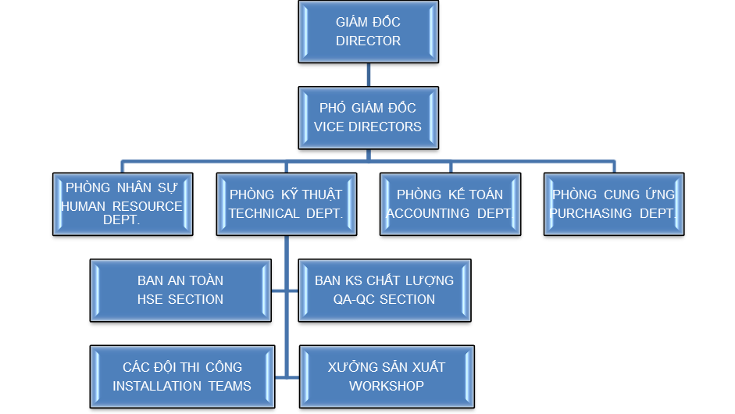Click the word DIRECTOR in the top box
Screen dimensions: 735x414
tap(368, 41)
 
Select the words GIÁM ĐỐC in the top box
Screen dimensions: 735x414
tap(368, 22)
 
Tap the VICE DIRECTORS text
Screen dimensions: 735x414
tap(368, 127)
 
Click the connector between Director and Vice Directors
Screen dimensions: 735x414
tap(369, 74)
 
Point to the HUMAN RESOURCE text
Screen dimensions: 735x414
tap(121, 206)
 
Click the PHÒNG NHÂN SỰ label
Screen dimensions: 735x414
tap(121, 187)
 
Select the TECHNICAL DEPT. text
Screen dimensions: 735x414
tap(286, 213)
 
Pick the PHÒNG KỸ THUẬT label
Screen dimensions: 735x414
tap(286, 194)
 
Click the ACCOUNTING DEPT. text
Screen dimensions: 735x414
tap(450, 213)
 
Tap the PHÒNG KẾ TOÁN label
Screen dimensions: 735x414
tap(450, 194)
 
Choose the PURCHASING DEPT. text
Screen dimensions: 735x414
tap(613, 213)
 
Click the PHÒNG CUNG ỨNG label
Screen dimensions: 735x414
tap(614, 194)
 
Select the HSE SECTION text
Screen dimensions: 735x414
tap(180, 299)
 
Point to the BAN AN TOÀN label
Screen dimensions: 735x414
tap(180, 280)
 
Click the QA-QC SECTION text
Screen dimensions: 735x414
tap(384, 299)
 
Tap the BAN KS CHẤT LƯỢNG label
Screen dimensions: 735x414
tap(384, 280)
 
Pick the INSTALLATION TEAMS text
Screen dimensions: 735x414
tap(182, 386)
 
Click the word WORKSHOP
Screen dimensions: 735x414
tap(387, 386)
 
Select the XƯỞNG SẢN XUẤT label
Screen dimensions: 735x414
tap(387, 366)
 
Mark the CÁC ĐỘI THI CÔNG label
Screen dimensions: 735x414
tap(182, 366)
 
